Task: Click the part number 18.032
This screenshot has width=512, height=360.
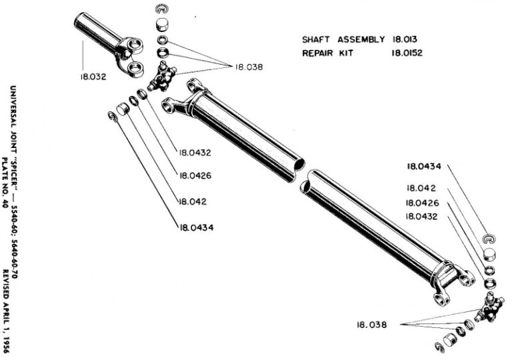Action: tap(92, 77)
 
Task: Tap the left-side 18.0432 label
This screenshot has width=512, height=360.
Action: tap(195, 152)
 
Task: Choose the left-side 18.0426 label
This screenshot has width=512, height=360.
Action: tap(195, 176)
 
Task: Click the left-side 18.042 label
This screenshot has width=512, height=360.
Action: tap(192, 201)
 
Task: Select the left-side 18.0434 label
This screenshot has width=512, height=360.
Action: tap(195, 227)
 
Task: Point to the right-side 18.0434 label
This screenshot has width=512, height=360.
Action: tap(424, 165)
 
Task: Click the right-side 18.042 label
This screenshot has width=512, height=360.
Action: tap(421, 189)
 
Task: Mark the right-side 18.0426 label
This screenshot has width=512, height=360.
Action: tap(424, 203)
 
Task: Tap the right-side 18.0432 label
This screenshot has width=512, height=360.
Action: tap(424, 216)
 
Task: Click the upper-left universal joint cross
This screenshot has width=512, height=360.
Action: tap(162, 75)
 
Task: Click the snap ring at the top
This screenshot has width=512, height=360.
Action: tap(159, 8)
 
